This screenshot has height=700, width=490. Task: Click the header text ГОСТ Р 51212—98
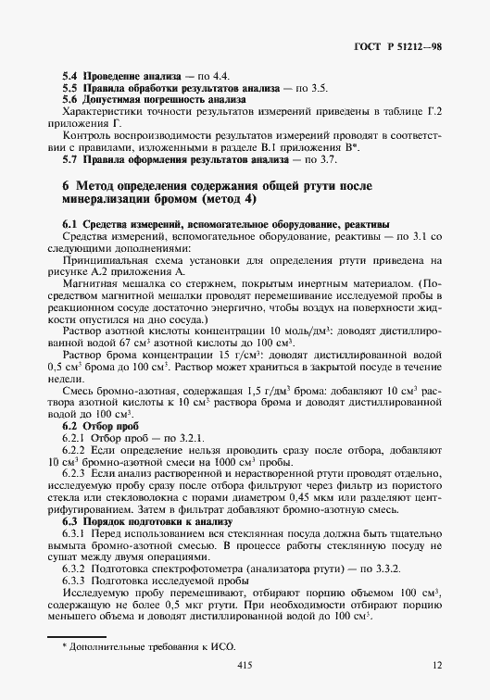[401, 45]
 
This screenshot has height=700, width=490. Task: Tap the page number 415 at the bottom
[245, 665]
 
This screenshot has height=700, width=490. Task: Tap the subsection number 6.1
[70, 225]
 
